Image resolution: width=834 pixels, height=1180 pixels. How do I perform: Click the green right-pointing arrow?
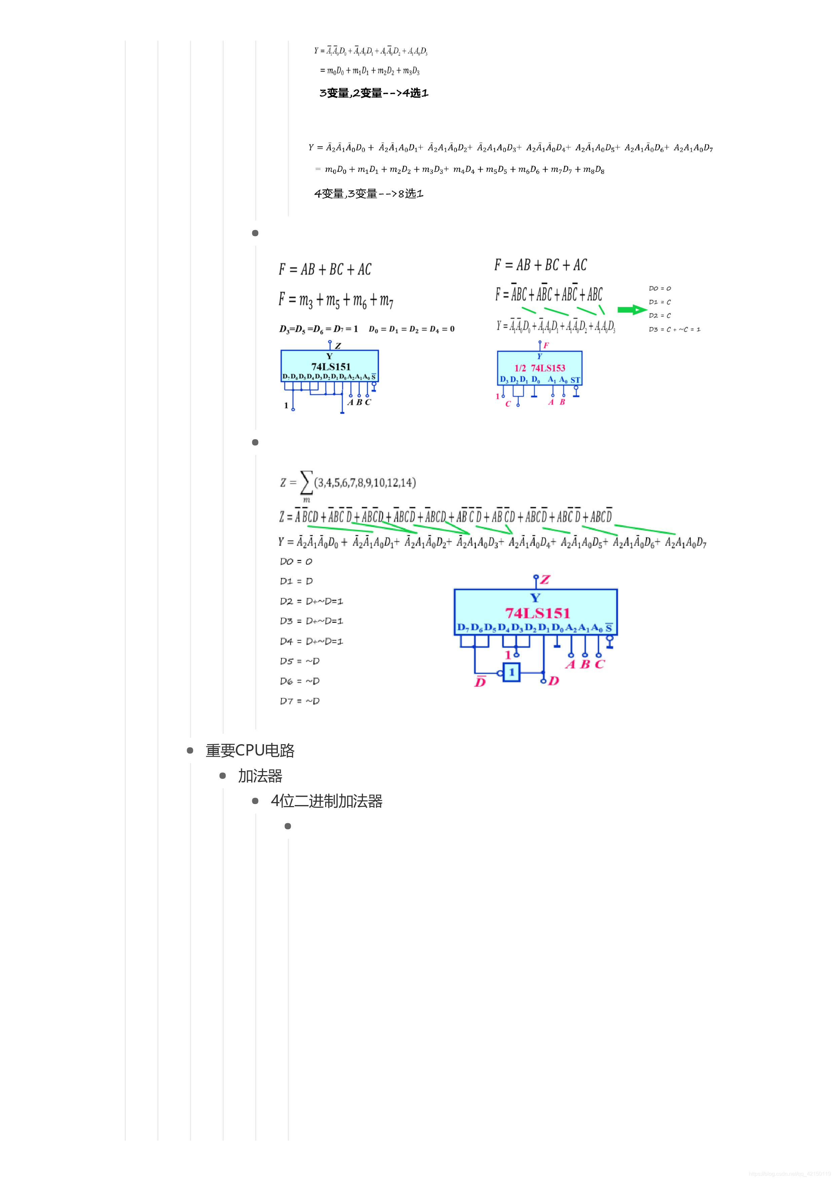pos(632,309)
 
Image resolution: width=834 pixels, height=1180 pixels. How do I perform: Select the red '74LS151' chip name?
pos(537,613)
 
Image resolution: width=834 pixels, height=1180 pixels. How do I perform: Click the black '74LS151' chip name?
pos(331,367)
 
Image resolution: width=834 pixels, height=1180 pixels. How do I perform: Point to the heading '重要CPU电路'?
pos(250,750)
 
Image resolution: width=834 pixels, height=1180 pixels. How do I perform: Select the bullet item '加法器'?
pos(260,775)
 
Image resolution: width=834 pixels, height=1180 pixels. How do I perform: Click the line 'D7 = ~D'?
pos(300,701)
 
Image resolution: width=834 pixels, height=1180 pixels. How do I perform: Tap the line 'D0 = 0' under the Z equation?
pos(296,561)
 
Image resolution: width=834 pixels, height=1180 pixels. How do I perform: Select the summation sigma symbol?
pos(306,483)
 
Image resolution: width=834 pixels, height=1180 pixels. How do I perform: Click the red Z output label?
pos(545,580)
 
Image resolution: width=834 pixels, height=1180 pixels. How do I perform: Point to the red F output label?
pos(546,345)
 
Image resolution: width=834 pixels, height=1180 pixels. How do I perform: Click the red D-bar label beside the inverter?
pos(480,682)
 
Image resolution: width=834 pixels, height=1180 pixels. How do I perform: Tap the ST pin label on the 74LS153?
pos(575,380)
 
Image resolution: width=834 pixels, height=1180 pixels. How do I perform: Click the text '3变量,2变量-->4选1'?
pos(374,93)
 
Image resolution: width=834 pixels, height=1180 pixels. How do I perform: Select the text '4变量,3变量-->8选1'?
pos(369,194)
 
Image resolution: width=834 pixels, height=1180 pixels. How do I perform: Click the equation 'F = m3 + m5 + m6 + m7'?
pos(336,300)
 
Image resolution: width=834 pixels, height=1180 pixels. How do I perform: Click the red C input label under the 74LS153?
pos(508,404)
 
